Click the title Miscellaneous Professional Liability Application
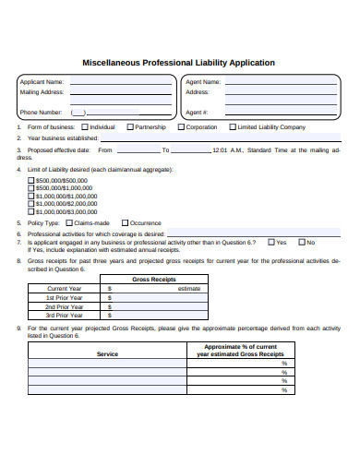[x=179, y=63]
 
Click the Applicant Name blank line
[x=121, y=83]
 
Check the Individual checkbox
[x=85, y=127]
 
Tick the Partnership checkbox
[x=130, y=127]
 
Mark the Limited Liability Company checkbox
[x=232, y=127]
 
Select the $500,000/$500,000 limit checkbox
[x=31, y=180]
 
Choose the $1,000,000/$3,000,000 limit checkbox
[x=31, y=211]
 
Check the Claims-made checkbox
[x=68, y=223]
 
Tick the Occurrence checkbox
[x=124, y=223]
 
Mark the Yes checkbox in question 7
[x=270, y=242]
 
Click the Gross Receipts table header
[x=154, y=279]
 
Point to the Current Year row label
[x=65, y=289]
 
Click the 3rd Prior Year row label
[x=65, y=316]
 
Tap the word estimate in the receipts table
[x=188, y=289]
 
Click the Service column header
[x=107, y=353]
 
